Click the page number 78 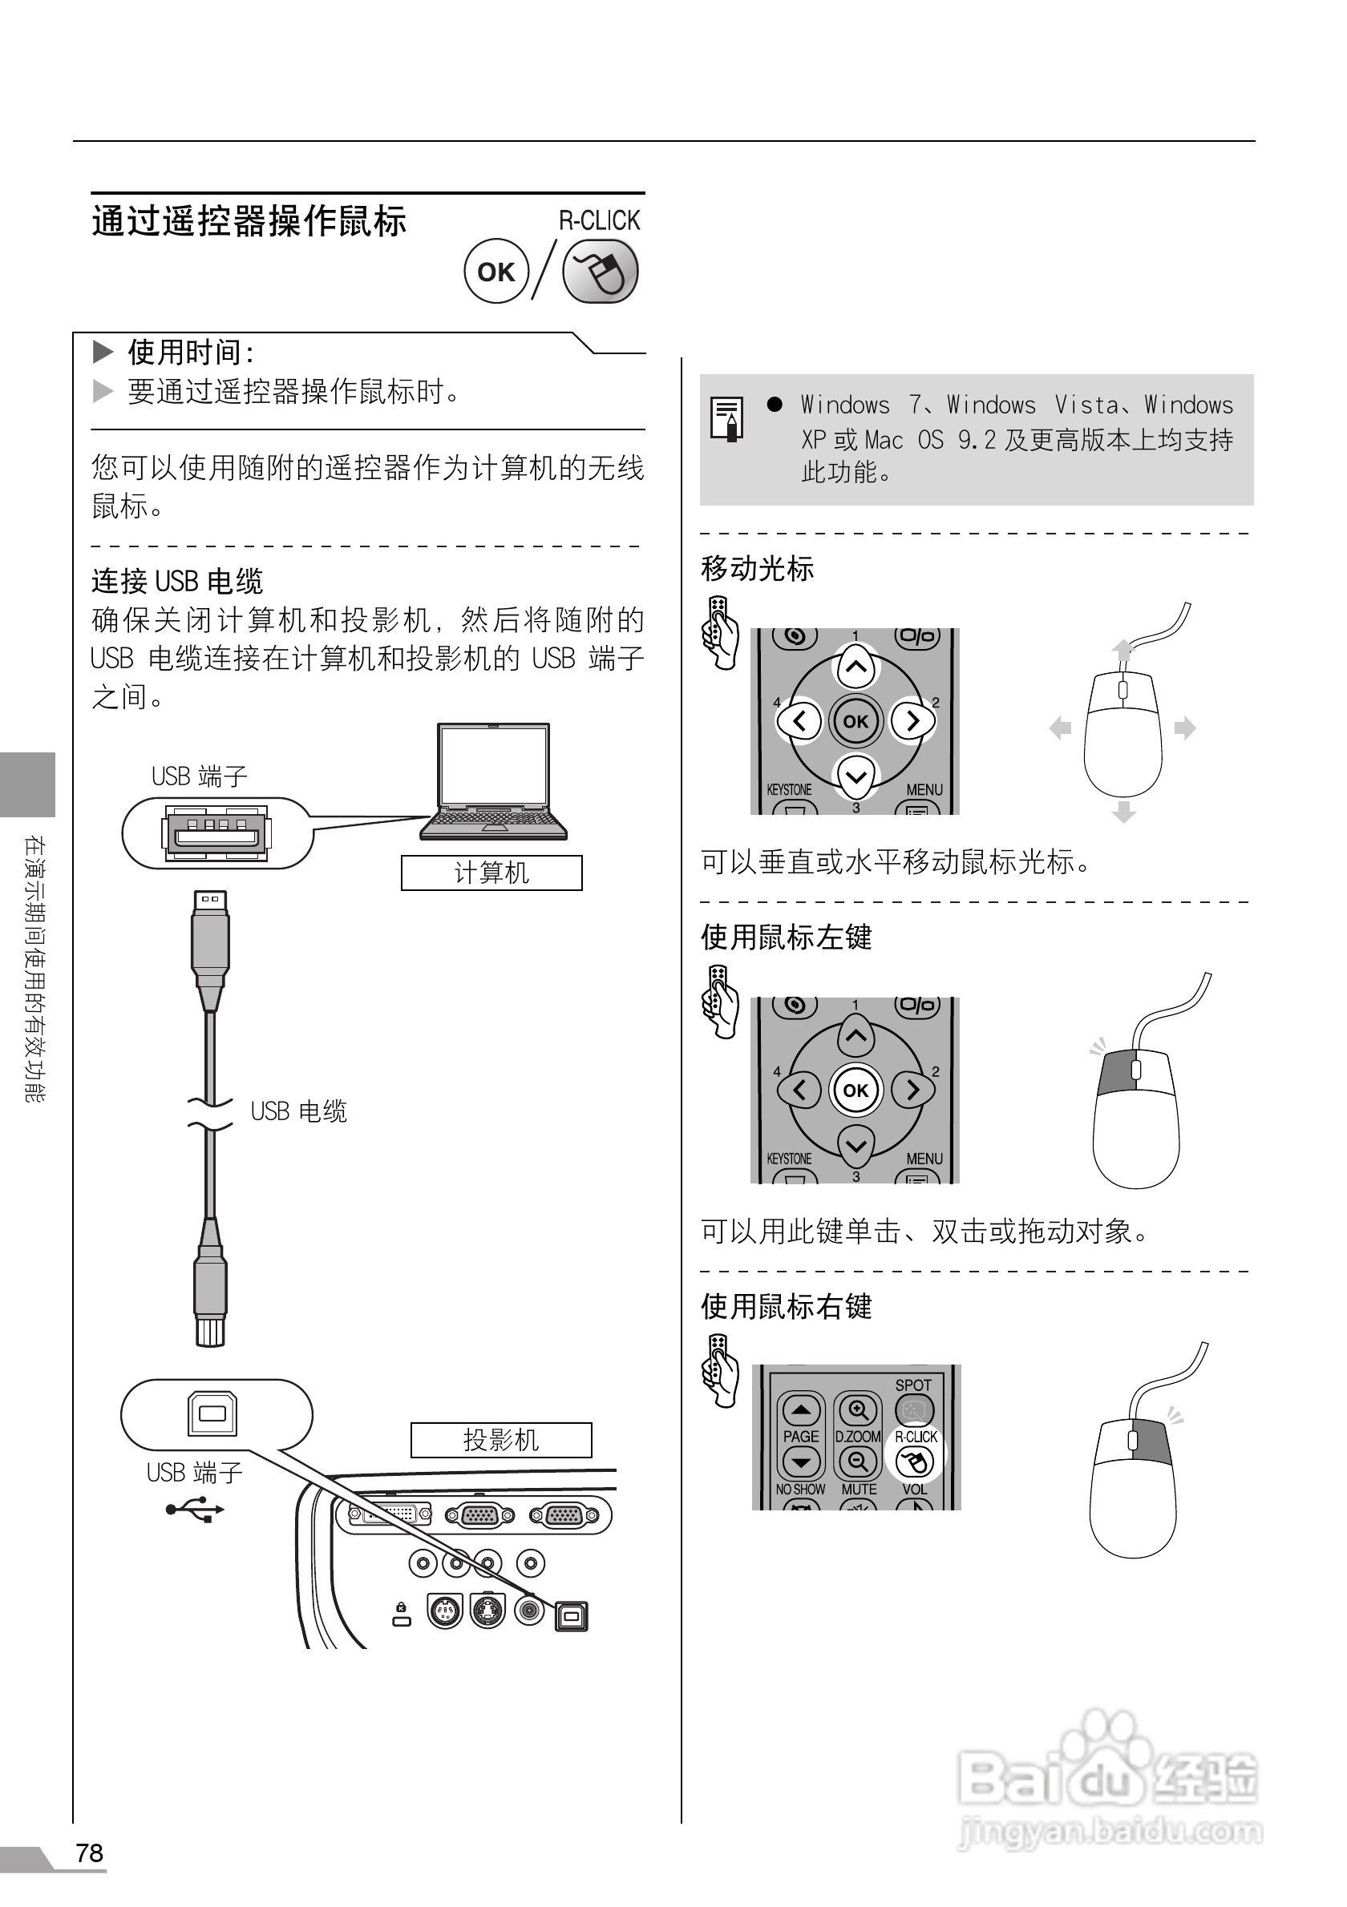click(90, 1853)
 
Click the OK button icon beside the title click(496, 272)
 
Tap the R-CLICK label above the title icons click(599, 221)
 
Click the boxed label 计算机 click(491, 873)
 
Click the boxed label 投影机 click(501, 1439)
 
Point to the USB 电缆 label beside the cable click(298, 1111)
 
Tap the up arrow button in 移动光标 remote click(856, 667)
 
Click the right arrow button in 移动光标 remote click(912, 721)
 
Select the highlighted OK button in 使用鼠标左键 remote click(856, 1091)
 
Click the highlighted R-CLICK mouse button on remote click(915, 1461)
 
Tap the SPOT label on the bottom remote click(912, 1385)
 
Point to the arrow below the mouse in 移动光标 click(1123, 812)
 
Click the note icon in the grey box click(726, 417)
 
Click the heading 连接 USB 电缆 click(177, 582)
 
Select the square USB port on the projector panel click(571, 1616)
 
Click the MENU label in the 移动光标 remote click(924, 790)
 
